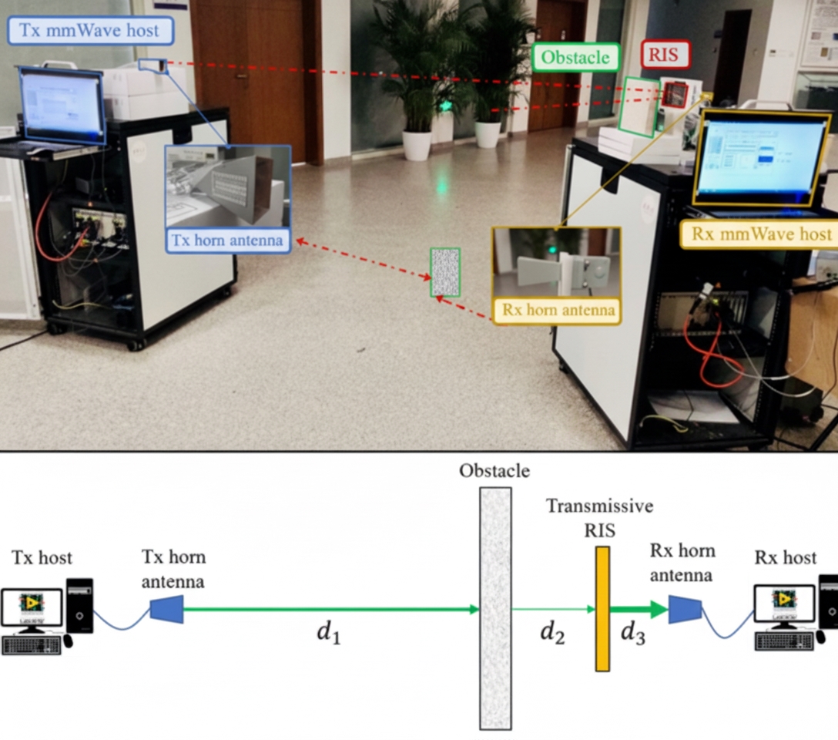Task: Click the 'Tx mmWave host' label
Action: pyautogui.click(x=91, y=31)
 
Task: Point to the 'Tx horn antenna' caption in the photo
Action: pyautogui.click(x=228, y=241)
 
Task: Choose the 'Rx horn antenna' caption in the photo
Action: pyautogui.click(x=557, y=311)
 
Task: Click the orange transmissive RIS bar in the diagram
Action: pyautogui.click(x=602, y=608)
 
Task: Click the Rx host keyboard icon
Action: pyautogui.click(x=783, y=641)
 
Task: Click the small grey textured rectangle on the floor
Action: pyautogui.click(x=445, y=272)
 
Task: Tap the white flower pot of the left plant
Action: pyautogui.click(x=417, y=145)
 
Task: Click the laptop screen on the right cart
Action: pyautogui.click(x=761, y=157)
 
